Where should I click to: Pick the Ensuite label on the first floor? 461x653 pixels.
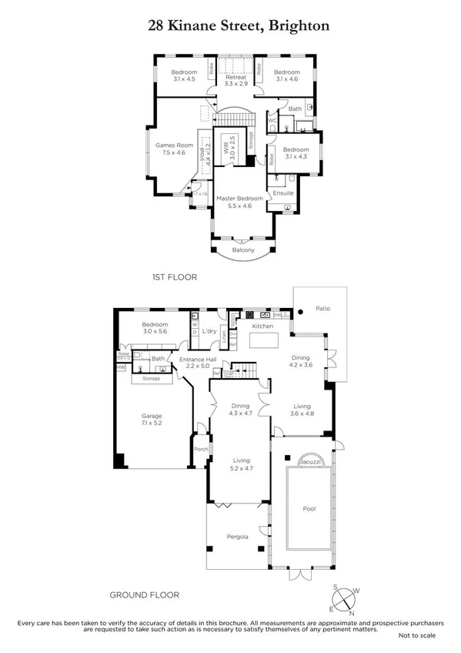click(282, 193)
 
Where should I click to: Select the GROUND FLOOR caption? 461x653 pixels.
click(145, 594)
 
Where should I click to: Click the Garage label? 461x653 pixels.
click(151, 416)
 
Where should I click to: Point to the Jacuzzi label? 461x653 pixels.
click(311, 460)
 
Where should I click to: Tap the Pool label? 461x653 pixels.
click(309, 508)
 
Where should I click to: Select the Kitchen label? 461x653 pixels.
click(263, 326)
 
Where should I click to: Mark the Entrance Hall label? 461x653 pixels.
click(198, 359)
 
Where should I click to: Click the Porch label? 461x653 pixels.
click(201, 450)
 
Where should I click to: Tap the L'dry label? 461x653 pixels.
click(209, 331)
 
